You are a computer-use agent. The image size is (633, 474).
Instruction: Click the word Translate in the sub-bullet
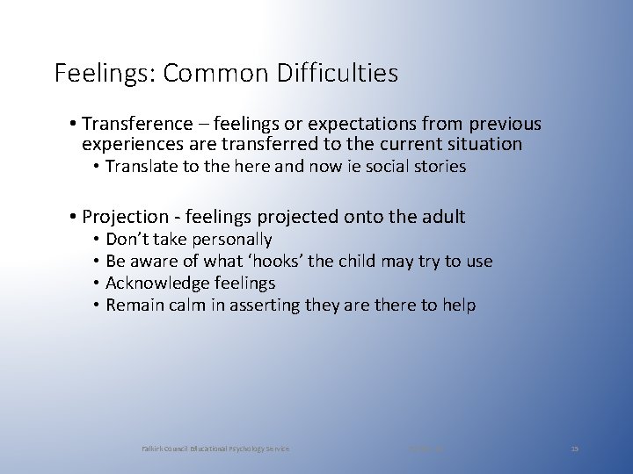[x=140, y=166]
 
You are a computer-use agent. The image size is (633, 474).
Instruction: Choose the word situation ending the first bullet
[x=482, y=144]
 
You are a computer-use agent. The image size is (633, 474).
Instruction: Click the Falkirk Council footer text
[x=216, y=449]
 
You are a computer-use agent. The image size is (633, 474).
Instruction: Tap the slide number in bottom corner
[x=575, y=449]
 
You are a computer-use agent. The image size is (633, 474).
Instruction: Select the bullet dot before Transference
[x=69, y=125]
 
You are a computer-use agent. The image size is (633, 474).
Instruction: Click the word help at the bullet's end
[x=459, y=305]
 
